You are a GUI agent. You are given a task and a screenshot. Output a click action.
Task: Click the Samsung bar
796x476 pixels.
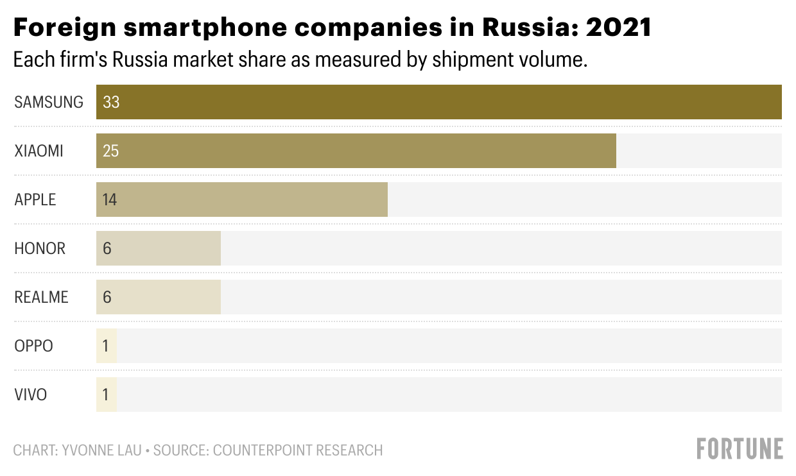(x=439, y=102)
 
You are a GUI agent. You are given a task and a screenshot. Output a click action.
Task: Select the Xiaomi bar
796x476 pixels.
(x=356, y=151)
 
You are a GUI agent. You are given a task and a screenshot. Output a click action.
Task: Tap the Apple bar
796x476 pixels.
(x=242, y=200)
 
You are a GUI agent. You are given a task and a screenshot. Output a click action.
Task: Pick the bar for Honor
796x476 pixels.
(x=159, y=248)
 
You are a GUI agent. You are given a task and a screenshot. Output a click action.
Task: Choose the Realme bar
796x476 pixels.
(x=159, y=297)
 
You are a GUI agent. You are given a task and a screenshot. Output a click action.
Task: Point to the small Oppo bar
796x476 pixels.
(x=107, y=346)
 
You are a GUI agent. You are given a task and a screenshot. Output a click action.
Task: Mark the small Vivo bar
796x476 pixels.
(x=107, y=395)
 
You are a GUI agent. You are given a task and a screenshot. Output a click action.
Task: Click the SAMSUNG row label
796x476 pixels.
(x=49, y=102)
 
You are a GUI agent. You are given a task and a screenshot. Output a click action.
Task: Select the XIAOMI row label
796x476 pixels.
(x=39, y=151)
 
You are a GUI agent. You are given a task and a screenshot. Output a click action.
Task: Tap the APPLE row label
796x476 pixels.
(x=35, y=200)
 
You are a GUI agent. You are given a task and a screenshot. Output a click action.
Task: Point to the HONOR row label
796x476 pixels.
(x=40, y=248)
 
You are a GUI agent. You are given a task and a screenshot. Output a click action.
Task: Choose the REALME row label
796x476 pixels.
(x=41, y=297)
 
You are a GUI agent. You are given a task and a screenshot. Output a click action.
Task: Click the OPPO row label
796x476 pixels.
(x=33, y=346)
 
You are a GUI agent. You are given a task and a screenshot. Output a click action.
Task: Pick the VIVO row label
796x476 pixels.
(x=31, y=395)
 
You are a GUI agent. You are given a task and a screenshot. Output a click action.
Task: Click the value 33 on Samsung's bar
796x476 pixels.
(x=111, y=102)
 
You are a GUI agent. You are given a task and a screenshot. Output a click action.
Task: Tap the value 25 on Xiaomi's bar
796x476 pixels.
(x=111, y=151)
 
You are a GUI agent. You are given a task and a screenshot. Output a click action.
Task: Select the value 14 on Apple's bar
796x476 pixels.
(x=110, y=200)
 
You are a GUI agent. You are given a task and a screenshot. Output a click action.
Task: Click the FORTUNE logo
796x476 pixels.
(x=740, y=448)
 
